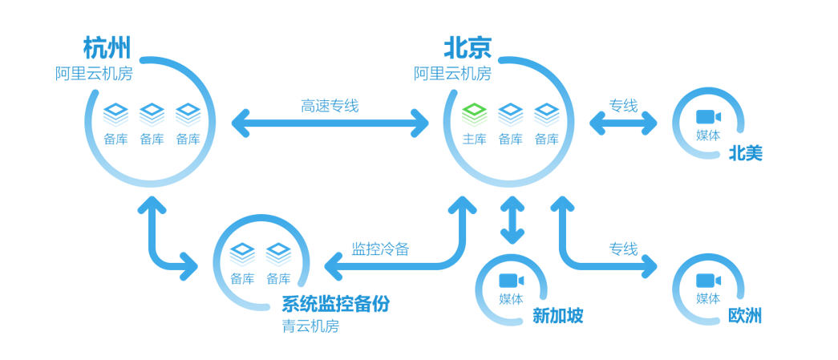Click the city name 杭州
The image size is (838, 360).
pos(107,47)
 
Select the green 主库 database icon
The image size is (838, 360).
pos(475,113)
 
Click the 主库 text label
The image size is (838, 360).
pos(475,139)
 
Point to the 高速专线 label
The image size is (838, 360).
pos(330,106)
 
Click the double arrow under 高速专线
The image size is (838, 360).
pos(330,123)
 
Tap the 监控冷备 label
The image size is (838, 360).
pos(380,249)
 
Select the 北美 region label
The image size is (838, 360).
pos(745,153)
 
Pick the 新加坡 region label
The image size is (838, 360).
pos(558,316)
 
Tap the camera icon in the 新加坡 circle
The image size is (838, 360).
pos(511,280)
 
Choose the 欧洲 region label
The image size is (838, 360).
pos(745,315)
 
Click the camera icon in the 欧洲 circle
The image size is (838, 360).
pos(708,280)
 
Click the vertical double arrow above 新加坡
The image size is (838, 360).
pos(512,220)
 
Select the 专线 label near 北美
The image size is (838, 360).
pos(622,106)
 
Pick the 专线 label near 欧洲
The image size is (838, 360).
pos(622,249)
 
